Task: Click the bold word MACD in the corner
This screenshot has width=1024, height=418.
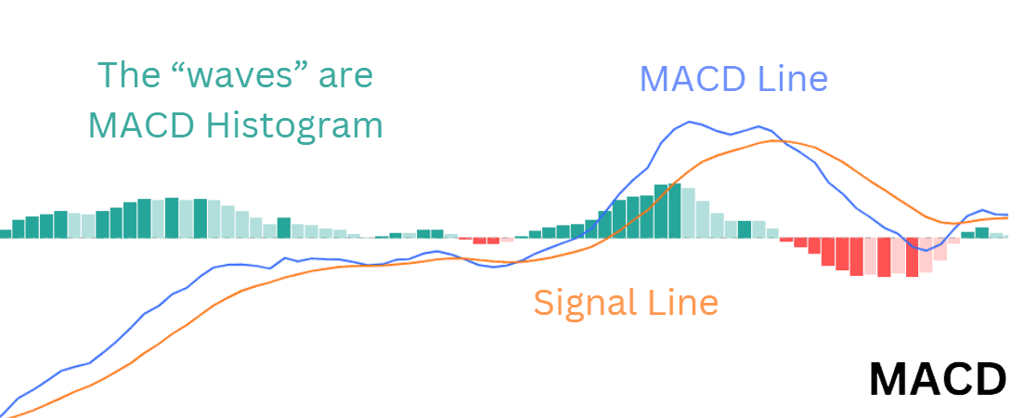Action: (x=938, y=380)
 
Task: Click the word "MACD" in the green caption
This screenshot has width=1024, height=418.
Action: (x=140, y=124)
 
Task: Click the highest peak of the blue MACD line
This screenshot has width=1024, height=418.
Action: (x=688, y=122)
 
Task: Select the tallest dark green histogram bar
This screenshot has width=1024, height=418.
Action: (x=675, y=210)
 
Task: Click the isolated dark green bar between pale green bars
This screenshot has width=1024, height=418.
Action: (x=284, y=228)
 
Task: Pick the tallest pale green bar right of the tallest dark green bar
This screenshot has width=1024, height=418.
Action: (x=688, y=213)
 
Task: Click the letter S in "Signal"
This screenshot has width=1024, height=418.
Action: (x=543, y=303)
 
